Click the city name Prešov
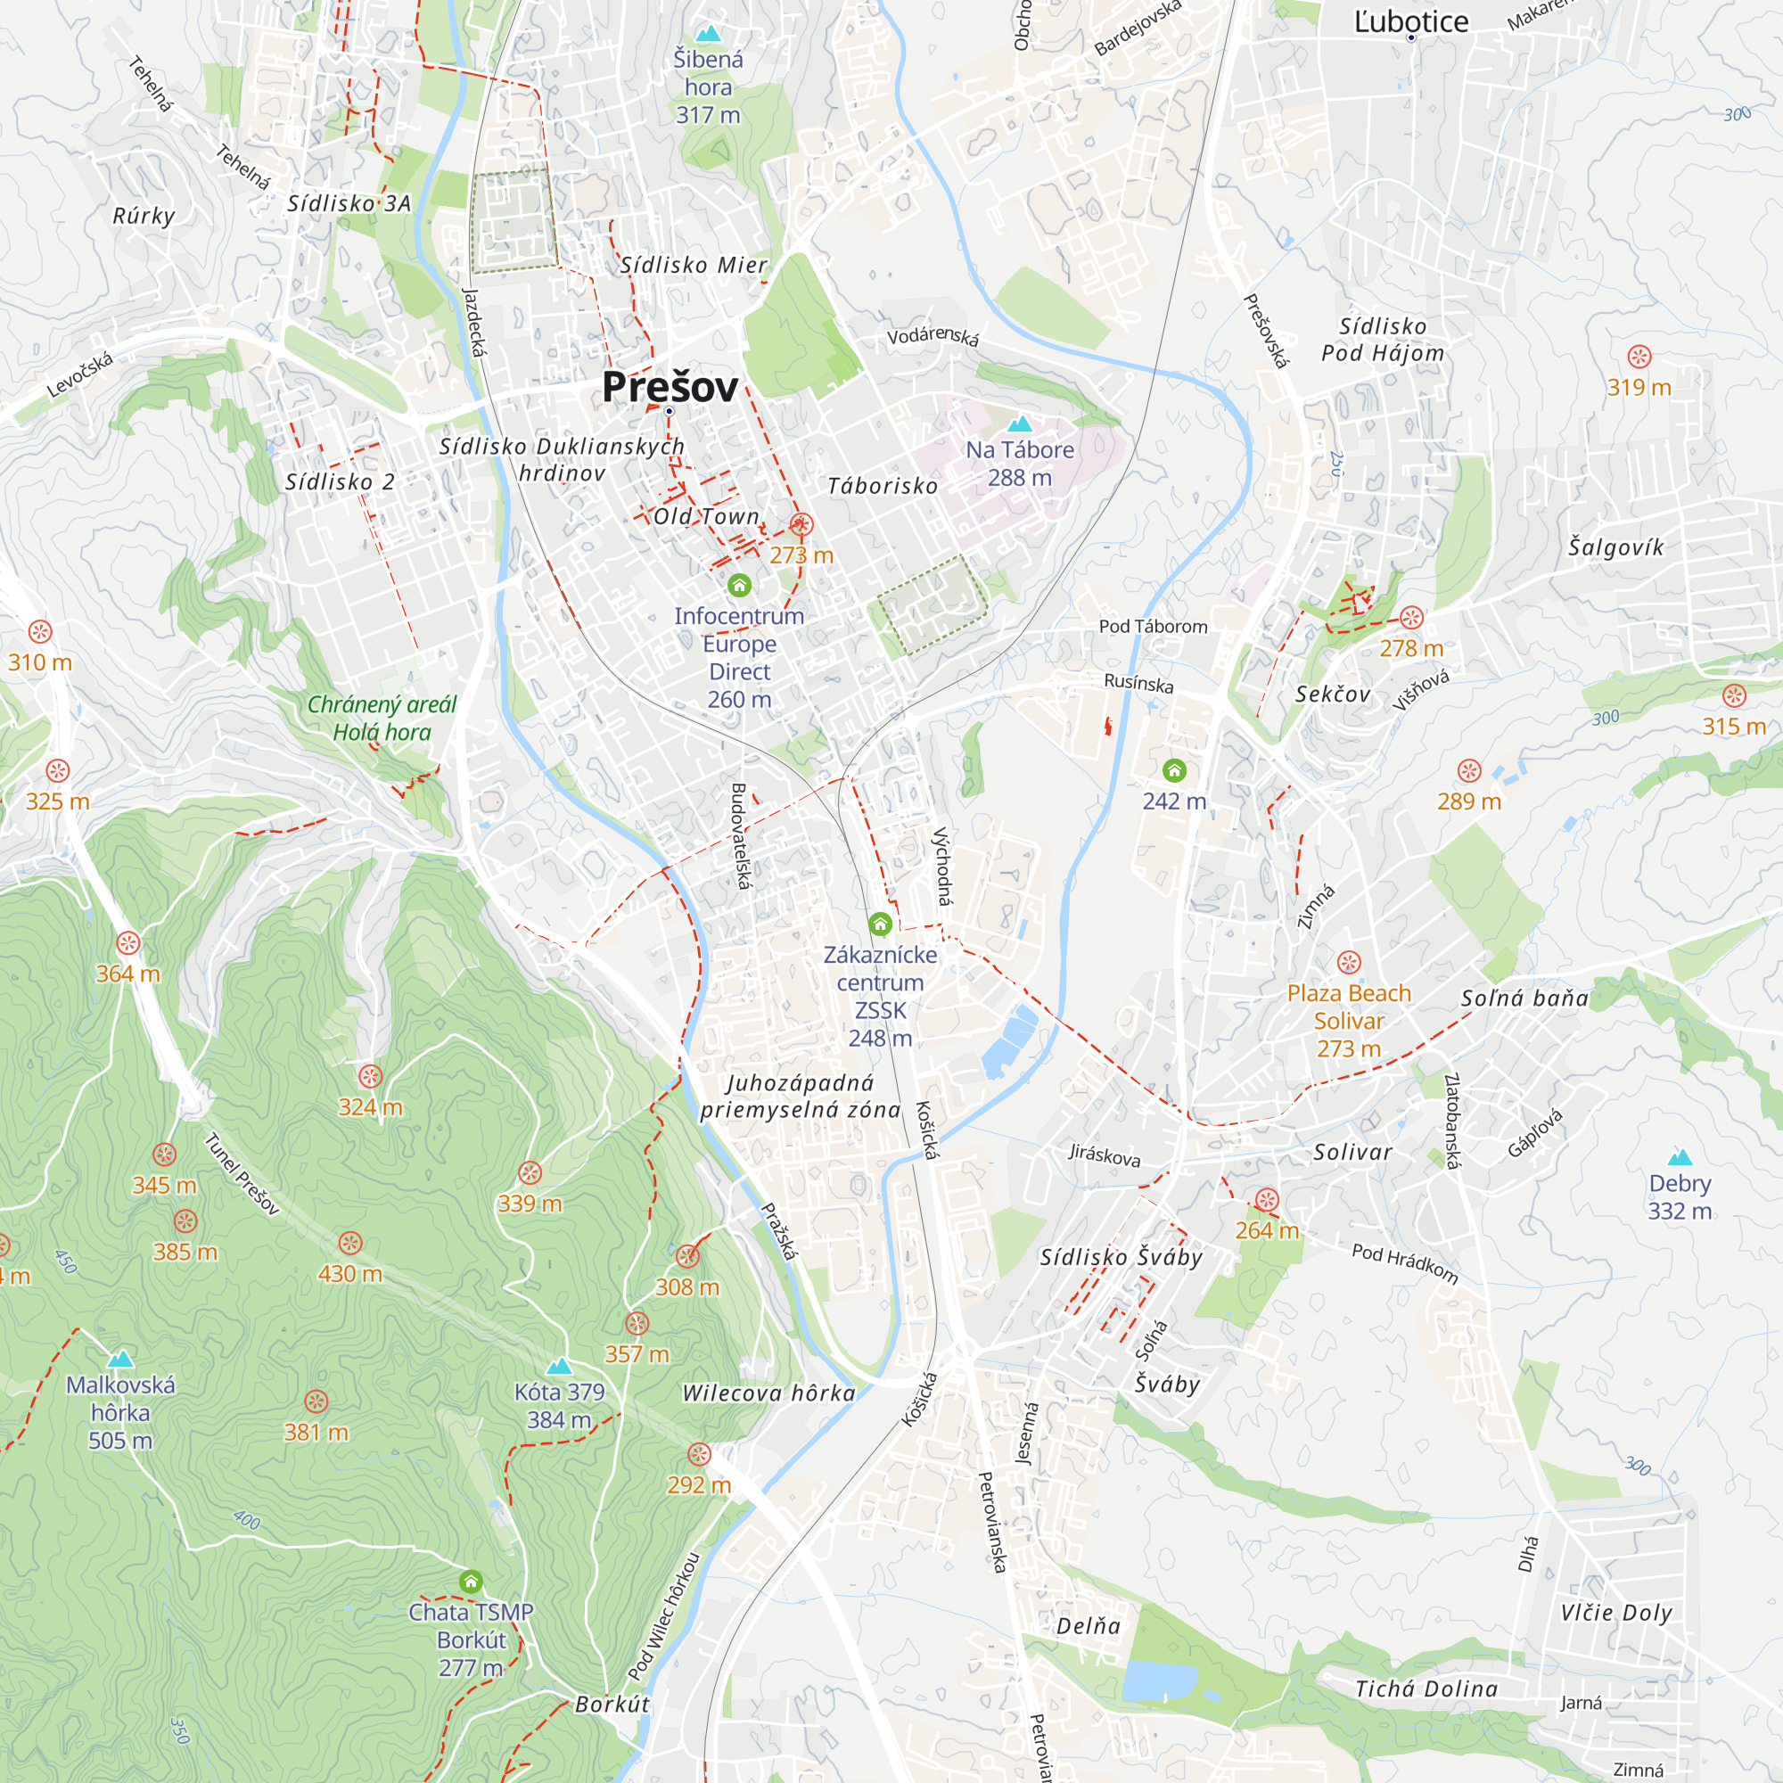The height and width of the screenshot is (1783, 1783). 670,387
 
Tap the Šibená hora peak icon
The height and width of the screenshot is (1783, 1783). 708,34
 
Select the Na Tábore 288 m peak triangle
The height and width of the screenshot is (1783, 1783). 1020,423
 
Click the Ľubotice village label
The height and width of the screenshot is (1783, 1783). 1411,22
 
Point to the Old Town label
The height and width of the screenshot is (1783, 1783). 707,517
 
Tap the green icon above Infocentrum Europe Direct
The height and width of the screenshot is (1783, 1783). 739,585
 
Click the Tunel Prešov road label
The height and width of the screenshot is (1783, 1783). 242,1174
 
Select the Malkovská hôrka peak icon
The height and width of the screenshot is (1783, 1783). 121,1359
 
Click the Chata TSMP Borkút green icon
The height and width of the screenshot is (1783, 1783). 472,1581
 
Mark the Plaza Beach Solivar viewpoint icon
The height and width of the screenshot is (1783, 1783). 1349,963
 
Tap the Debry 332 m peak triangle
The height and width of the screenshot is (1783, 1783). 1680,1157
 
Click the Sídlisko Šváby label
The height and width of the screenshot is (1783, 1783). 1122,1257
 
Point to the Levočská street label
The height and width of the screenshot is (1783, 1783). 80,374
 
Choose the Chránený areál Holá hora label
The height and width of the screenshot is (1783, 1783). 382,718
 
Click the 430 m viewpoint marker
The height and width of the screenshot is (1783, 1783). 349,1242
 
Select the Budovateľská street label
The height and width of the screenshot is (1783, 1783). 739,836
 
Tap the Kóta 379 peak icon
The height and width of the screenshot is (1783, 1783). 559,1366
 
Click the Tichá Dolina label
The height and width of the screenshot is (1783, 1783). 1426,1689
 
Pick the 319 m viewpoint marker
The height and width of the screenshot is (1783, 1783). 1639,357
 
